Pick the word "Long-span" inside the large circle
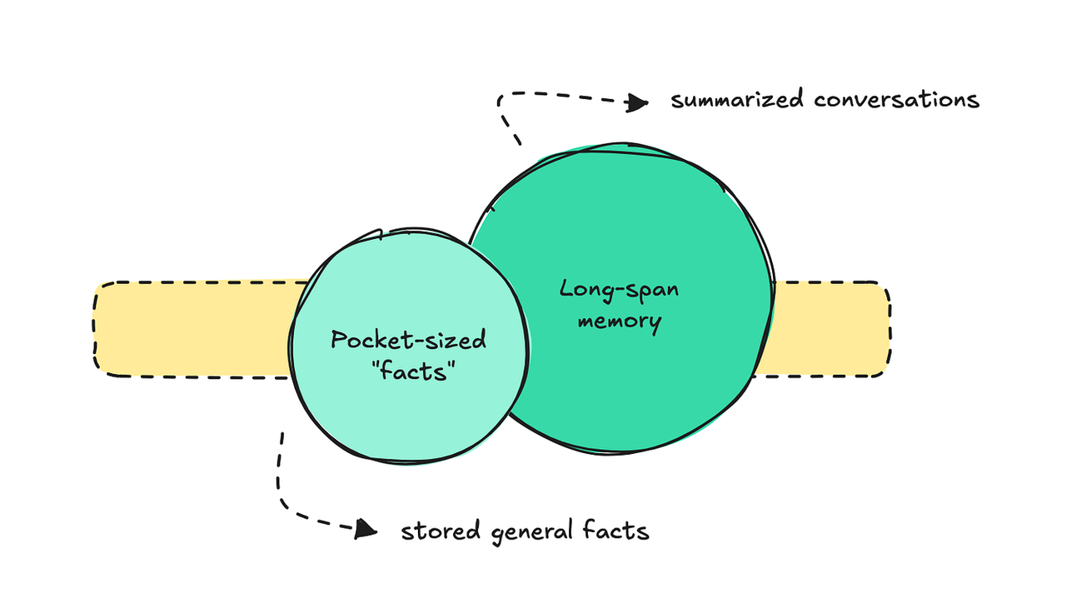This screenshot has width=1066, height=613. [619, 292]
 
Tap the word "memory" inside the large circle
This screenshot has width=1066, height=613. [619, 321]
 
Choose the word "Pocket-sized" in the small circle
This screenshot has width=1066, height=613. [408, 341]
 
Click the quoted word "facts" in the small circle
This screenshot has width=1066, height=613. [409, 370]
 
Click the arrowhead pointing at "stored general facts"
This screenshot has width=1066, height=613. [365, 528]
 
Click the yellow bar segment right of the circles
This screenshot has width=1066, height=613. [829, 330]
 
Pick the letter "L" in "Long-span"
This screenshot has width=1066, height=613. [567, 290]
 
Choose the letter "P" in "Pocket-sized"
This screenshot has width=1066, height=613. [338, 341]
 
